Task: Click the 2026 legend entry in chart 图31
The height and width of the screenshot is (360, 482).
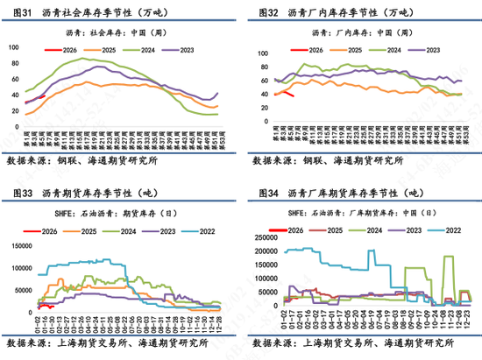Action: pos(67,49)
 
